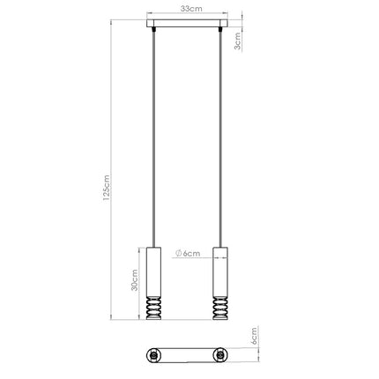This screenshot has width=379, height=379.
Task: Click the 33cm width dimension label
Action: click(191, 9)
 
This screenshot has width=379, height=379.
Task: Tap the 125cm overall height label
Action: click(107, 188)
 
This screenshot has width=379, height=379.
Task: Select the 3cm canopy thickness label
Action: click(237, 41)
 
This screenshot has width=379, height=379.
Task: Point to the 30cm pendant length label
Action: click(134, 280)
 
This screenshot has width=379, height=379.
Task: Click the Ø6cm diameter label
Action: click(188, 253)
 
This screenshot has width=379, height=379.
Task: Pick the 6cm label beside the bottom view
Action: click(254, 336)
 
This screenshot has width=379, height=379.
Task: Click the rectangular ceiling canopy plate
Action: click(187, 23)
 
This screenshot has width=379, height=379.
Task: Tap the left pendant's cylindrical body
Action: click(153, 271)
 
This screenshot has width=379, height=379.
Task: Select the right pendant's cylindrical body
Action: click(220, 271)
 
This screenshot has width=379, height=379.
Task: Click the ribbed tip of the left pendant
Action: click(153, 308)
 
